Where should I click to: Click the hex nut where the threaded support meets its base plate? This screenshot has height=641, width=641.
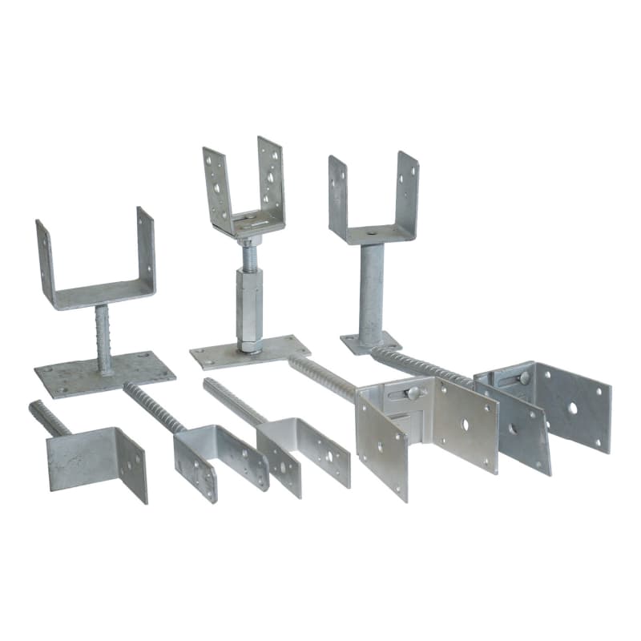click(250, 345)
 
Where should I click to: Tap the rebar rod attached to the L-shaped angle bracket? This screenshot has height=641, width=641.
click(49, 417)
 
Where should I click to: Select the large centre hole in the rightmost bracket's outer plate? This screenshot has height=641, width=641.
click(573, 408)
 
